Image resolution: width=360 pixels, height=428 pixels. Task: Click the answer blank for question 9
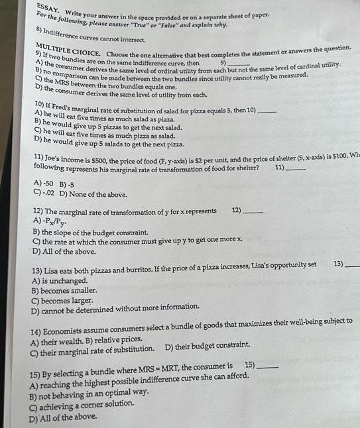[x=241, y=62]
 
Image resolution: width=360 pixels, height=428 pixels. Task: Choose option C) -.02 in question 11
[x=43, y=194]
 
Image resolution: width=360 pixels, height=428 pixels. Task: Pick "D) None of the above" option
[x=93, y=194]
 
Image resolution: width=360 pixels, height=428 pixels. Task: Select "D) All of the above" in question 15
[x=62, y=417]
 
